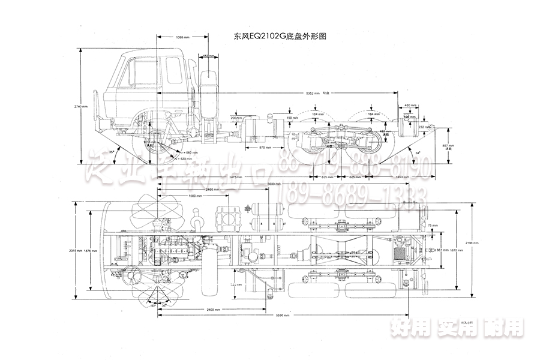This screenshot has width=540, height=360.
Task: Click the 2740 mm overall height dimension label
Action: tap(80, 106)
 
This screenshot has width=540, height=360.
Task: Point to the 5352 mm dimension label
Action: tap(313, 93)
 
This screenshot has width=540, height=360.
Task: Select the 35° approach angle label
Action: tap(112, 152)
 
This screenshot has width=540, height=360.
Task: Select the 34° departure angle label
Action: tap(418, 152)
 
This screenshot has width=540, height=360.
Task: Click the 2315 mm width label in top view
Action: tap(73, 251)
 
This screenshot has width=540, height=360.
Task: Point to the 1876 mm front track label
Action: tap(89, 251)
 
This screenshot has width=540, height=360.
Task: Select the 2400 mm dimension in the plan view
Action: tap(213, 308)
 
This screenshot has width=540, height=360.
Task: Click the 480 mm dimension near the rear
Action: tap(409, 105)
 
